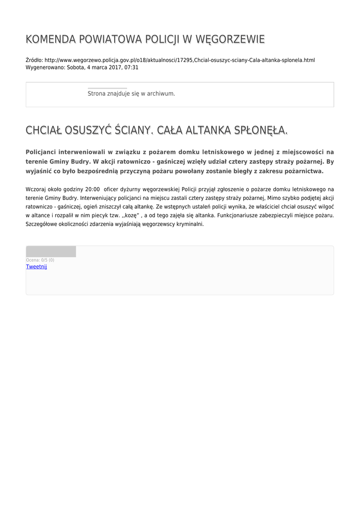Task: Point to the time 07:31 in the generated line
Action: (132, 67)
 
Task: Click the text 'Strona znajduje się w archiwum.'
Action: (131, 93)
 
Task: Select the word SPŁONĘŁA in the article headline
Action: (263, 130)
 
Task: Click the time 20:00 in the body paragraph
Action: (92, 189)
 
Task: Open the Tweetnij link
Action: (36, 266)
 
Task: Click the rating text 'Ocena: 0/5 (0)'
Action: (40, 260)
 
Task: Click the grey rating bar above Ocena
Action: (51, 252)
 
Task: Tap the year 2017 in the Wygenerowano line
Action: (111, 67)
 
